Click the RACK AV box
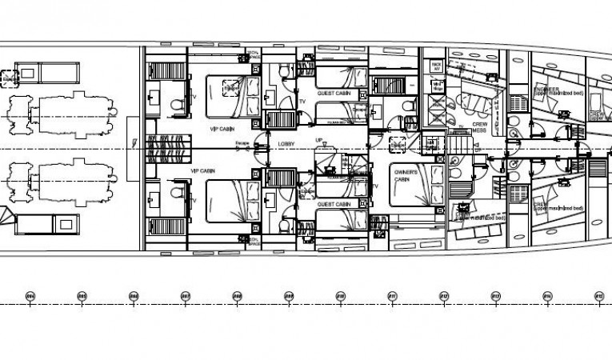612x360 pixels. pos(437,66)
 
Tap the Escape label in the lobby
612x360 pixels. pos(242,144)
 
